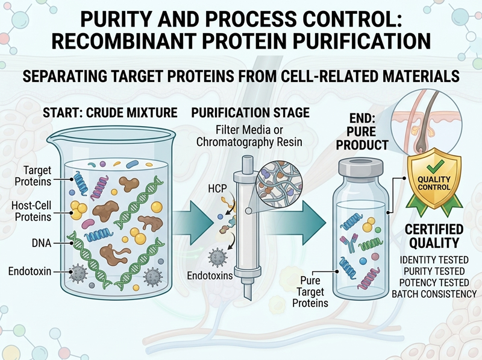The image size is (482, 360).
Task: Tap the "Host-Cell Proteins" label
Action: point(31,211)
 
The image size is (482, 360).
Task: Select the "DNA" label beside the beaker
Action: point(42,243)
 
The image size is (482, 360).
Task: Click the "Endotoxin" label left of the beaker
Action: point(30,271)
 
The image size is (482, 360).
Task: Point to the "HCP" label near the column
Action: point(218,188)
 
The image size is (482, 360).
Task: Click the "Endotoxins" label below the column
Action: point(210,275)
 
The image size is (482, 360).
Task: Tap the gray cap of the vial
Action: point(361,167)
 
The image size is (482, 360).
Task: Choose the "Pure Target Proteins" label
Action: point(310,292)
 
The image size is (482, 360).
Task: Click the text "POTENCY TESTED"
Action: point(434,282)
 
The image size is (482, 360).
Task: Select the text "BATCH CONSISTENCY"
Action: point(434,294)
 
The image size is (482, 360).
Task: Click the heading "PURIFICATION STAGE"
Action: point(250,113)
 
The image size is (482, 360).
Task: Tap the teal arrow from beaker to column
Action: point(192,221)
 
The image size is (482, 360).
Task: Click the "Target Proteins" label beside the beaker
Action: point(33,175)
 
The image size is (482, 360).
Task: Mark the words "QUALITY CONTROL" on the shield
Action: point(434,183)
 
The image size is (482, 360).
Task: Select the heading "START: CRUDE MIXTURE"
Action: point(110,113)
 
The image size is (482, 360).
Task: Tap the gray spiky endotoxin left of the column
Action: point(218,257)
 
